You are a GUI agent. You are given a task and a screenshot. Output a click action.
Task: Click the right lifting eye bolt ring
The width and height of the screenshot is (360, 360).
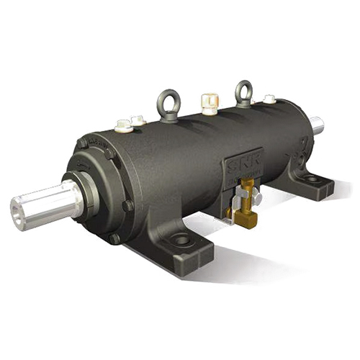pyautogui.click(x=244, y=89)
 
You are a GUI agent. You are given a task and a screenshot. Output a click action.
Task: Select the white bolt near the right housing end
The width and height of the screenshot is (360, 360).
pyautogui.click(x=269, y=99)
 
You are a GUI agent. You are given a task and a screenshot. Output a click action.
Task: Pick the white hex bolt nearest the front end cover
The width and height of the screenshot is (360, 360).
pyautogui.click(x=122, y=126)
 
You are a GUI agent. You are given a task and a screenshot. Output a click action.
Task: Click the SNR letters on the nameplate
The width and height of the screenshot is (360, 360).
pyautogui.click(x=237, y=167)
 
